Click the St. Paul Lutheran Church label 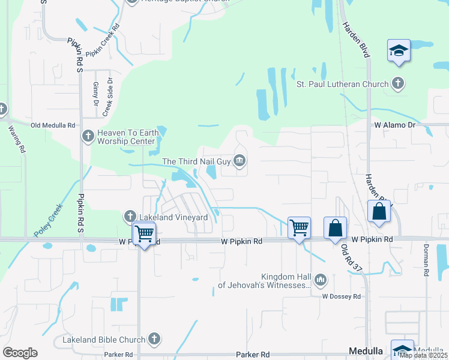343,84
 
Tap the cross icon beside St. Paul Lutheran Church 397,83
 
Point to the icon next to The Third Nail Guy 240,160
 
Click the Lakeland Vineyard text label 173,217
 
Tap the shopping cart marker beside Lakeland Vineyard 144,233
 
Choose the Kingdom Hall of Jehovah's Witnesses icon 321,280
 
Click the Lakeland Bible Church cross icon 155,339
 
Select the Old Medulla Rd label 53,125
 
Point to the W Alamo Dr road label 394,125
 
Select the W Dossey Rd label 341,296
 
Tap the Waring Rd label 16,139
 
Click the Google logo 20,353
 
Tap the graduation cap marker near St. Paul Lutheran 399,51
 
